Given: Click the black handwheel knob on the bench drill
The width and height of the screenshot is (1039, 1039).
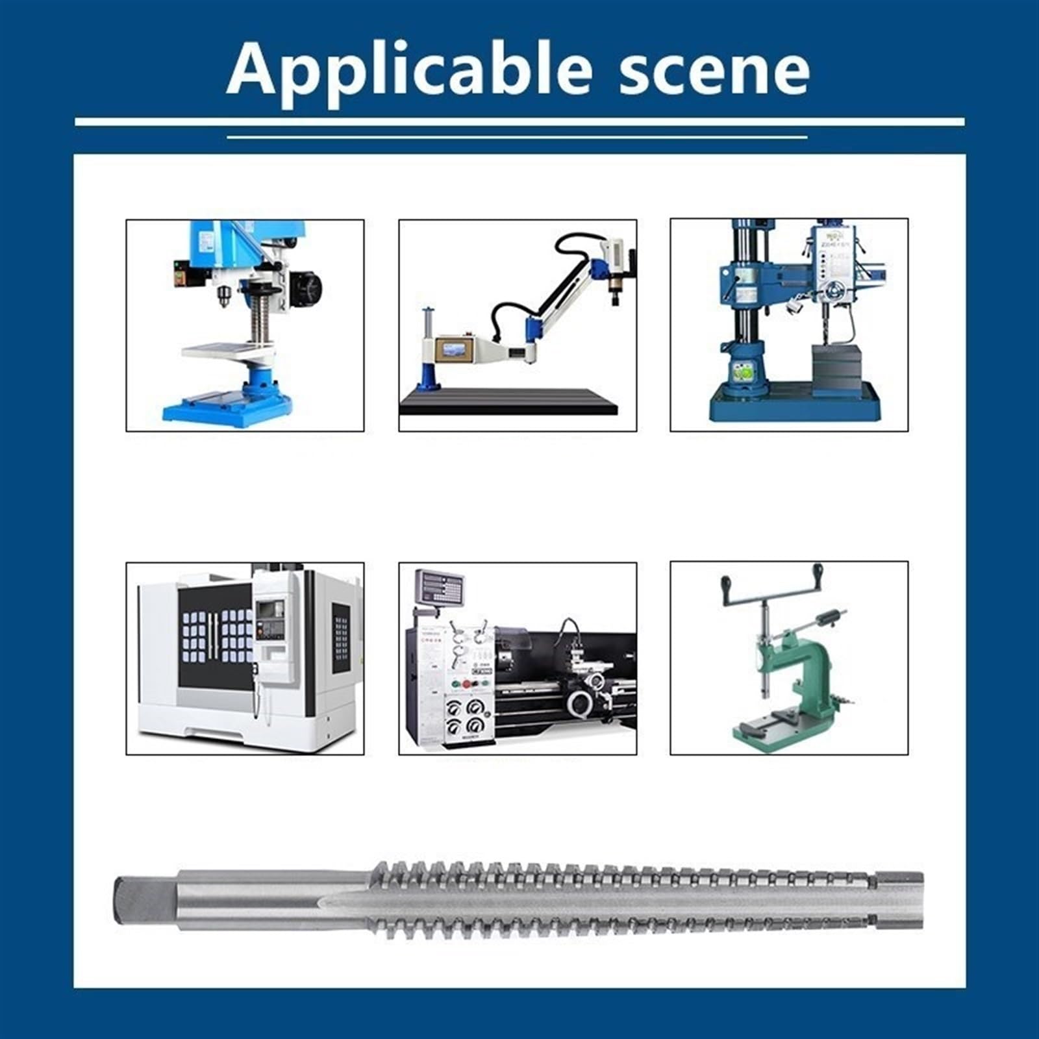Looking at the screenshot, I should [310, 286].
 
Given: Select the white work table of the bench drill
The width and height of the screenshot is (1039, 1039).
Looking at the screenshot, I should [227, 351].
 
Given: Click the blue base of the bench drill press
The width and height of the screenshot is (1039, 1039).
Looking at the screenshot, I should [227, 409].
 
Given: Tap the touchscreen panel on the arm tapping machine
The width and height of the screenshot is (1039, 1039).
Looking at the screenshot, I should [455, 351].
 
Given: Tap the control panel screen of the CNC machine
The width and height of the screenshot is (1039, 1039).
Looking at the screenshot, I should [269, 610].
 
